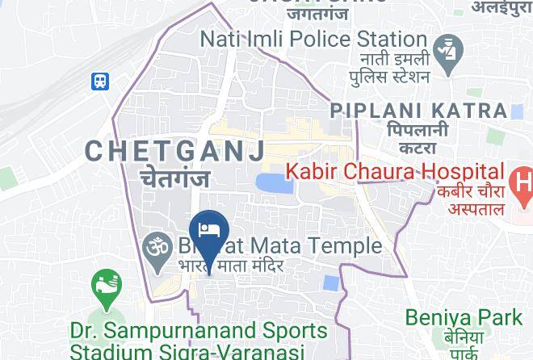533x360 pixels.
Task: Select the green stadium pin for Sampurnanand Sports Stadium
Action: point(106,287)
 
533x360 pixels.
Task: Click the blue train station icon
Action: point(101,82)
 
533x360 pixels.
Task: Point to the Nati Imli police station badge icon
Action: point(445,51)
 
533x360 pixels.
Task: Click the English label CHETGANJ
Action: point(175,150)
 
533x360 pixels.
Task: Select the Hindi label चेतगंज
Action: point(175,178)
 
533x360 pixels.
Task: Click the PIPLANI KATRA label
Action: point(419,111)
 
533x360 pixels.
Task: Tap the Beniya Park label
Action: point(464,317)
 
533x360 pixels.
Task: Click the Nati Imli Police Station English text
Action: point(313,39)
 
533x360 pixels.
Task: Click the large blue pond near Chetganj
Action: point(275,184)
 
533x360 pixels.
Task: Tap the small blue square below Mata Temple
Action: point(329,283)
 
